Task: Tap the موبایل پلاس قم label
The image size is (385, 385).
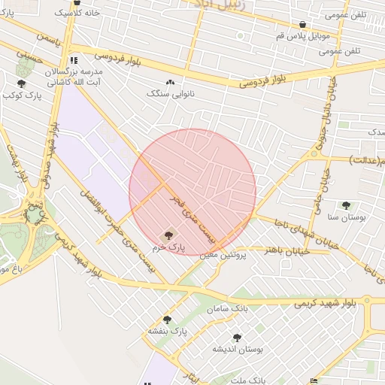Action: click(303, 35)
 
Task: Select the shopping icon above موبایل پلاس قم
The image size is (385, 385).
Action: click(303, 24)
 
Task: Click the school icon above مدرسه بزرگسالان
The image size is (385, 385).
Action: click(73, 60)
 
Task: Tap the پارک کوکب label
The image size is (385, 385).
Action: click(20, 95)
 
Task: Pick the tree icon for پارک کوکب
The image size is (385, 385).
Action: click(20, 83)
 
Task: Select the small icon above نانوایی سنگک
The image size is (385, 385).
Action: click(170, 83)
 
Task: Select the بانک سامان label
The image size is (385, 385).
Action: click(229, 309)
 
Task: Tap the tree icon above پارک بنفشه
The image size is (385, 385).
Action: click(167, 320)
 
